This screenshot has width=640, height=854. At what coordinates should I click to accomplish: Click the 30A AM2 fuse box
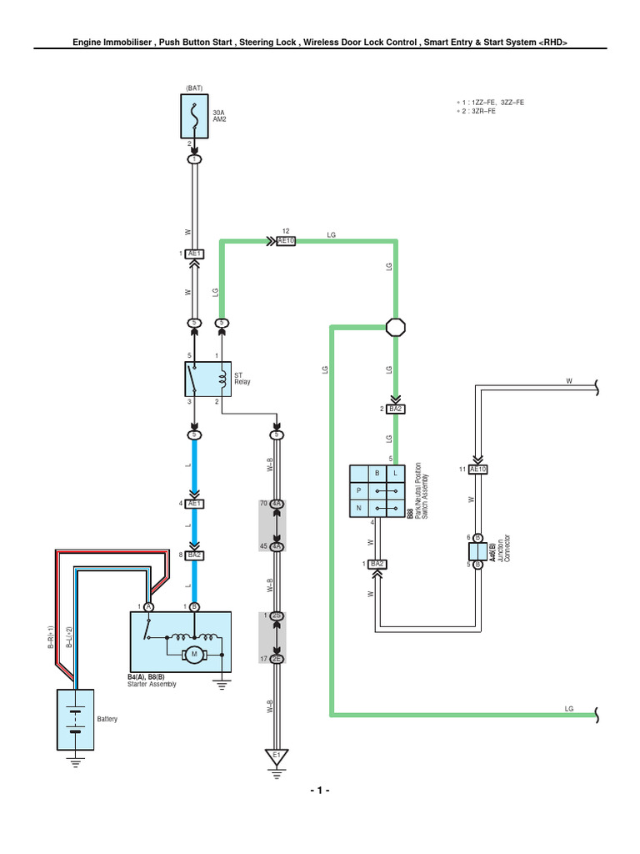pos(194,116)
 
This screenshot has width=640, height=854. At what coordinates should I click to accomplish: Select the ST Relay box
pos(207,379)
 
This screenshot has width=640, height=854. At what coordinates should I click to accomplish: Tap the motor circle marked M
pos(194,653)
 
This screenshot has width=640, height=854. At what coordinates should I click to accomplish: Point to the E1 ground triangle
pos(277,756)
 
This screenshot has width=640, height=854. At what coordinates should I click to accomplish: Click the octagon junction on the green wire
pos(395,327)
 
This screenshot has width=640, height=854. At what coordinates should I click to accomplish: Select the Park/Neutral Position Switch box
pos(377,490)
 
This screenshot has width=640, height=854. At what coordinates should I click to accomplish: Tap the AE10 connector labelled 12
pos(286,241)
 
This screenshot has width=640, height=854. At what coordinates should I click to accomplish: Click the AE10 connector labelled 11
pos(477,470)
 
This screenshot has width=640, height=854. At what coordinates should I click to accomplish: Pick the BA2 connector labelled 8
pos(194,554)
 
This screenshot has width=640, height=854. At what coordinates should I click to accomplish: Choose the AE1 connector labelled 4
pos(194,504)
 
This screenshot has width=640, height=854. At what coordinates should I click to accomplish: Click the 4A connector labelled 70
pos(277,505)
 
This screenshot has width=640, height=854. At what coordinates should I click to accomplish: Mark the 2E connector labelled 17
pos(277,659)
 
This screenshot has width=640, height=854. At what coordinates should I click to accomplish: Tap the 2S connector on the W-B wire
pos(277,615)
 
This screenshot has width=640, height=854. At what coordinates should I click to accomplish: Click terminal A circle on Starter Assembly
pos(147,606)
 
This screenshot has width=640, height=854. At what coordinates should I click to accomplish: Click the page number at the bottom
pos(319,790)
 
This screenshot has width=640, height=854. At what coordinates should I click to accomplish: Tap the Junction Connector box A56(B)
pos(477,551)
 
